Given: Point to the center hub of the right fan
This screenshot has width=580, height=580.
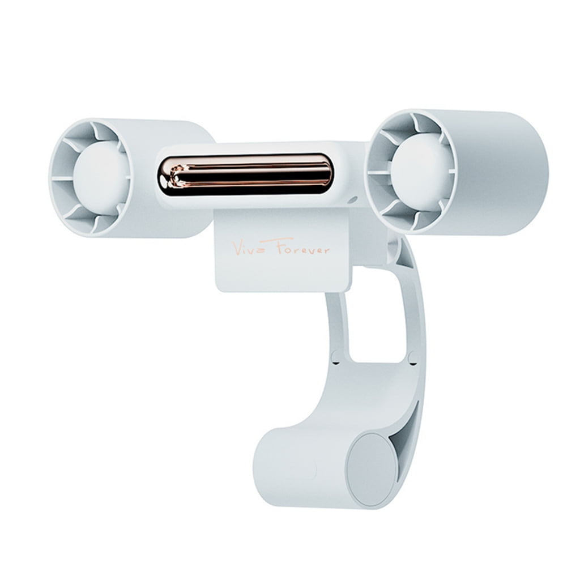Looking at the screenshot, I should pyautogui.click(x=420, y=165).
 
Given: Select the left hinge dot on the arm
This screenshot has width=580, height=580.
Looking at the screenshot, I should pyautogui.click(x=335, y=357).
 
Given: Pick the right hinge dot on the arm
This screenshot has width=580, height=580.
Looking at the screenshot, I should pyautogui.click(x=412, y=357).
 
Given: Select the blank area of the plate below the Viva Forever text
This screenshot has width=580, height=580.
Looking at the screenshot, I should pyautogui.click(x=283, y=275).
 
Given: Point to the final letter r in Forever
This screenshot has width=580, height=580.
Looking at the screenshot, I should pyautogui.click(x=326, y=250).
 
